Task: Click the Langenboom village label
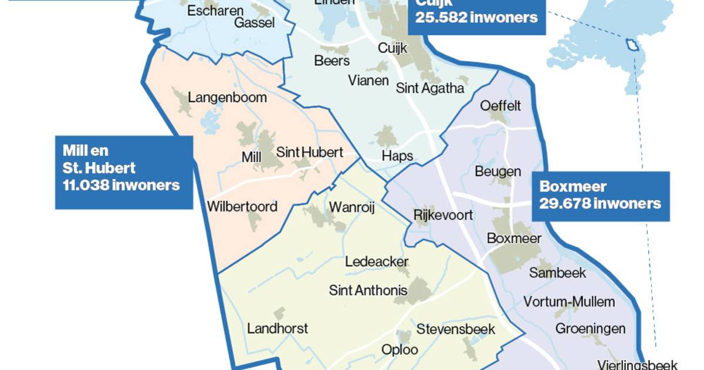click(x=227, y=97)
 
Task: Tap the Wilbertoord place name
click(x=242, y=207)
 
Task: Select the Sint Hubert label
click(x=309, y=152)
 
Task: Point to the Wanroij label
click(x=351, y=207)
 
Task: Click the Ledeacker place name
click(x=377, y=262)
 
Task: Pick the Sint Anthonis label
click(x=368, y=290)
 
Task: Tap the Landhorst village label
click(x=277, y=328)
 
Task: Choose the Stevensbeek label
click(x=456, y=329)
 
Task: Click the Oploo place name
click(x=400, y=349)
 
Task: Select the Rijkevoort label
click(x=443, y=215)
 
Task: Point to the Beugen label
click(x=497, y=171)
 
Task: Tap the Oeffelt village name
click(x=500, y=106)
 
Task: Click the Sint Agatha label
click(x=430, y=88)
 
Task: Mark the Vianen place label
click(x=368, y=80)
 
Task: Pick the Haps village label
click(x=397, y=156)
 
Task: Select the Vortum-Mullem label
click(x=569, y=302)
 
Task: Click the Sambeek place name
click(x=557, y=273)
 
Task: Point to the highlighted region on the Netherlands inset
click(x=632, y=45)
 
